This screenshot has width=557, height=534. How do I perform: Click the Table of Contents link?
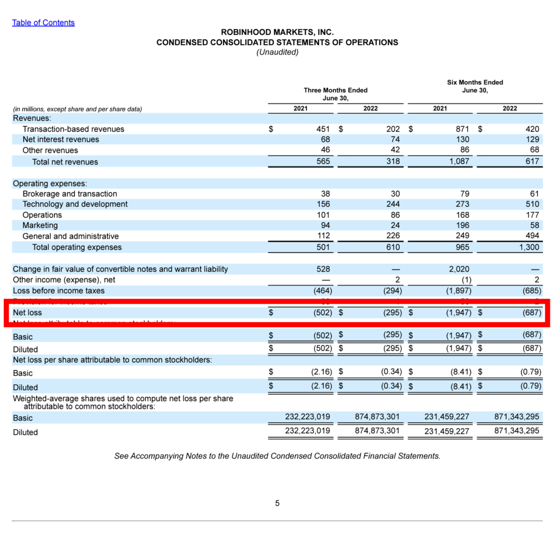click(x=44, y=23)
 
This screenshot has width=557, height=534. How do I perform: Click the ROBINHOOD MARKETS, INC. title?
click(x=277, y=33)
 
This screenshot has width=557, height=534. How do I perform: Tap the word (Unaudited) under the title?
click(x=277, y=52)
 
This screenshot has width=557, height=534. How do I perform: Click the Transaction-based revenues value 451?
click(x=323, y=129)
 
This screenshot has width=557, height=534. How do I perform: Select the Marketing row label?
click(x=40, y=225)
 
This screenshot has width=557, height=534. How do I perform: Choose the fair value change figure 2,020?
click(x=459, y=269)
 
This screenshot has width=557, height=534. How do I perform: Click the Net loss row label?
click(x=27, y=312)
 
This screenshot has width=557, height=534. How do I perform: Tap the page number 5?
click(x=277, y=504)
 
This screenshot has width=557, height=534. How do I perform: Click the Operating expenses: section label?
click(x=49, y=183)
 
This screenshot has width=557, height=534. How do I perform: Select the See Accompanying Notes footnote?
click(x=277, y=456)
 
